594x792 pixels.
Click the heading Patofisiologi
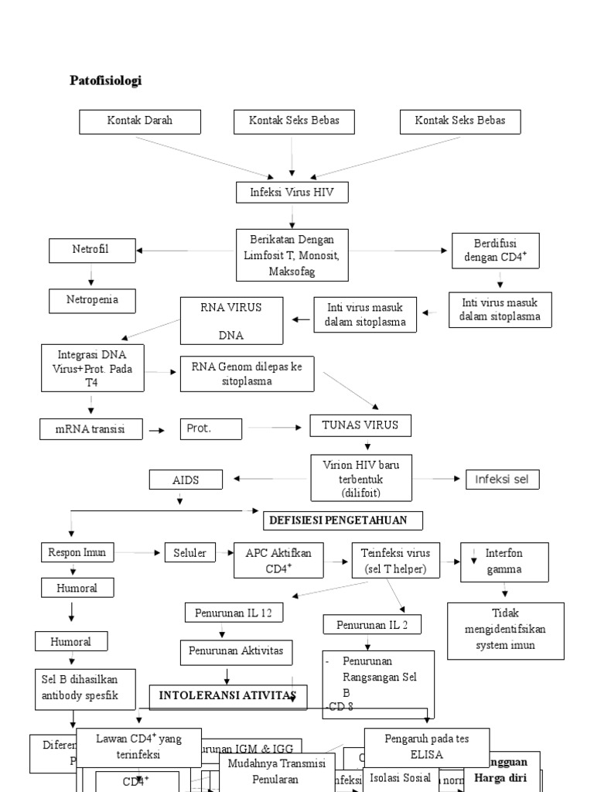[x=106, y=80]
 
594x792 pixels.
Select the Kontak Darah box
[x=140, y=121]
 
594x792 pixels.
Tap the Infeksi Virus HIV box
[x=292, y=193]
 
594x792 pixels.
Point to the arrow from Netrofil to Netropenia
[x=91, y=275]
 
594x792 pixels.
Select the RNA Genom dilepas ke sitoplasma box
[x=247, y=374]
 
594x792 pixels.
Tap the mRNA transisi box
[x=91, y=428]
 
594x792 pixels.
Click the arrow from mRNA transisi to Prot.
[x=157, y=429]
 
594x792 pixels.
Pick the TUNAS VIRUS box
[x=360, y=425]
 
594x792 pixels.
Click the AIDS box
[x=186, y=480]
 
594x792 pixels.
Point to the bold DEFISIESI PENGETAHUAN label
[x=343, y=520]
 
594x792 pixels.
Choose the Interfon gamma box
[x=504, y=562]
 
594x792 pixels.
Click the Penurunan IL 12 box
[x=234, y=613]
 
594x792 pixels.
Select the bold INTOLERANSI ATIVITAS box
[x=227, y=696]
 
